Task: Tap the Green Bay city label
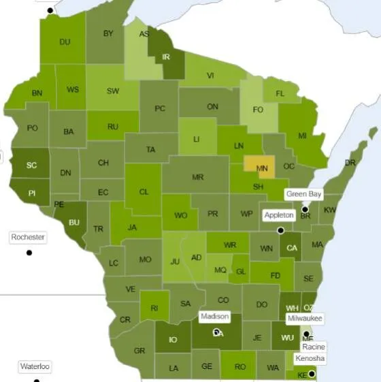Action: (303, 194)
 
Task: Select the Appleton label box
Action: (279, 215)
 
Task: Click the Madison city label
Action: (215, 317)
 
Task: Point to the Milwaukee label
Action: (304, 318)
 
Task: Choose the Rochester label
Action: (28, 237)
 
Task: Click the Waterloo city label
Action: (35, 366)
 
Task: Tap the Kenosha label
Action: (310, 358)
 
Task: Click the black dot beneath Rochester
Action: (29, 253)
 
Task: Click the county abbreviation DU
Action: (65, 42)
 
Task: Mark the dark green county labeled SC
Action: (31, 165)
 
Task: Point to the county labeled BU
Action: (73, 222)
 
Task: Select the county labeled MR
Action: (197, 177)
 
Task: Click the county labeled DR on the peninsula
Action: (350, 163)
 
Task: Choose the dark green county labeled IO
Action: (173, 340)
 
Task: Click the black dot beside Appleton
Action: (280, 230)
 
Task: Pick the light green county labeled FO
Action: (258, 109)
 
